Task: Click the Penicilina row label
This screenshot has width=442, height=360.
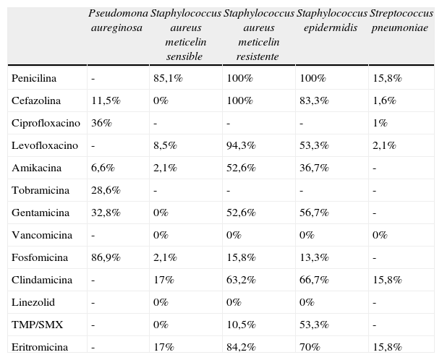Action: [34, 78]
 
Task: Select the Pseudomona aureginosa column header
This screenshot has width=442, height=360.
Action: [116, 21]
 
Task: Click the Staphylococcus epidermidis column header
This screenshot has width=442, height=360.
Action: [331, 21]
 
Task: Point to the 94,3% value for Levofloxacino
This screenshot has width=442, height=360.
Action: [240, 145]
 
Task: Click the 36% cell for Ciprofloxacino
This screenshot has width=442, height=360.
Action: [101, 123]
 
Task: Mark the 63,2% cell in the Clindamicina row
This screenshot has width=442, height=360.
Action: [240, 280]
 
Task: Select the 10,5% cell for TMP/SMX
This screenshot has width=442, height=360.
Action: [240, 325]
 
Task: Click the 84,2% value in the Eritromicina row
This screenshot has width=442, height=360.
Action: [240, 348]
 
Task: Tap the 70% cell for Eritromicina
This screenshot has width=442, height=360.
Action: [310, 348]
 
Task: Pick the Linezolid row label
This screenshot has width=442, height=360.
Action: [33, 302]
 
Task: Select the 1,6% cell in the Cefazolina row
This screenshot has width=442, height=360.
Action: [383, 100]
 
